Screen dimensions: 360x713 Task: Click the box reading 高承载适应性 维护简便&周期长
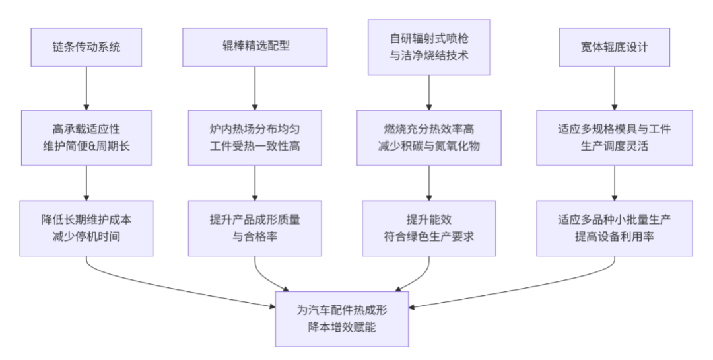click(x=86, y=137)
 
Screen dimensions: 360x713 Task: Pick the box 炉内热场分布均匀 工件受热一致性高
click(x=255, y=137)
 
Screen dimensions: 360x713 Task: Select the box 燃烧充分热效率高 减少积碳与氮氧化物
click(x=429, y=137)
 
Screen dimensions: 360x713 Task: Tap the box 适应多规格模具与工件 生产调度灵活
click(x=615, y=137)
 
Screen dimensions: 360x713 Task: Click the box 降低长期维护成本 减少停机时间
click(x=86, y=228)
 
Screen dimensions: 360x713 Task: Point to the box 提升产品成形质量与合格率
click(x=255, y=228)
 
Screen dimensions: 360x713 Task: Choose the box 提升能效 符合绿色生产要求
click(x=429, y=228)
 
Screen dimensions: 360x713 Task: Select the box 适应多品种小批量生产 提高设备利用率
click(x=615, y=228)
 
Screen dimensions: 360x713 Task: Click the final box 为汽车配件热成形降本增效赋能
click(x=342, y=318)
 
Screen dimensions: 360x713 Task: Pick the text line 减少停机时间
click(x=86, y=236)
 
